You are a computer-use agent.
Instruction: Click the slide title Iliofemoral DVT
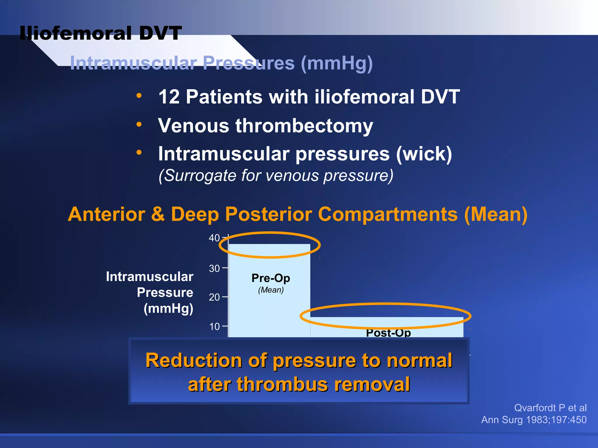[101, 33]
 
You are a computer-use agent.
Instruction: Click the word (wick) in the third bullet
[424, 154]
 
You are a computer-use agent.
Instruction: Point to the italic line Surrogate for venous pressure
[276, 176]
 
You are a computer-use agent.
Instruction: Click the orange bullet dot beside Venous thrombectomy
[139, 124]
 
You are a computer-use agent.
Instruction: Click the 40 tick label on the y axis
[214, 238]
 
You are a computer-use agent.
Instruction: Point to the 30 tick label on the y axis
[214, 268]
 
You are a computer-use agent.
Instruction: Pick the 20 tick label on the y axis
[214, 297]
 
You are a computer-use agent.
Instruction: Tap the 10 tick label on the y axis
[214, 326]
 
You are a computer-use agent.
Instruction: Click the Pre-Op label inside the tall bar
[271, 278]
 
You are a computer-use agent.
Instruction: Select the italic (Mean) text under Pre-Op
[271, 290]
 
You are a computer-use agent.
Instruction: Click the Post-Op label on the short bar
[388, 333]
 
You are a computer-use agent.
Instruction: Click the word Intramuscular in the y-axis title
[149, 276]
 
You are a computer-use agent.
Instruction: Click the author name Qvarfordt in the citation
[535, 408]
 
